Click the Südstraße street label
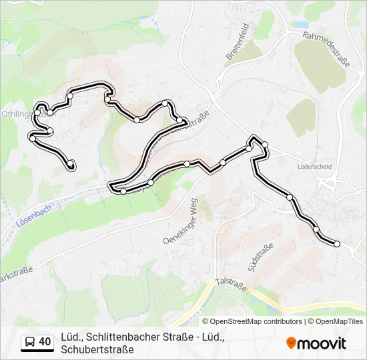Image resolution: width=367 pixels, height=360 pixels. coord(260,258)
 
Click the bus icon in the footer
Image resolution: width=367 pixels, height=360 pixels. coord(29,343)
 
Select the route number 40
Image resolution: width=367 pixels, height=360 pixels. coord(45,342)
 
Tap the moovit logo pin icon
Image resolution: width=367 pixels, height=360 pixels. coord(291,343)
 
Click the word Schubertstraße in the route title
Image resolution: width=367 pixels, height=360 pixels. coord(97,349)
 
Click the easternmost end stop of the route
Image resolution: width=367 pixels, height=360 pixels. coord(337,244)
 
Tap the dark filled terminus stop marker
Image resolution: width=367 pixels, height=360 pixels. coord(71,164)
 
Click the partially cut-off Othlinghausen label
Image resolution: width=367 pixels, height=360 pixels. coord(15,114)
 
